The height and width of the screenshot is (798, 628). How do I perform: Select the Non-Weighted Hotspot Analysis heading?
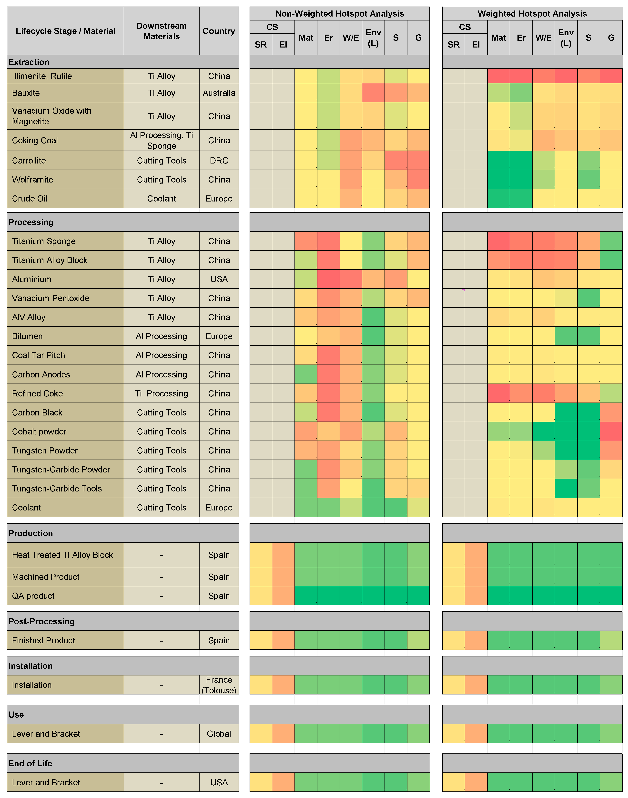click(x=339, y=14)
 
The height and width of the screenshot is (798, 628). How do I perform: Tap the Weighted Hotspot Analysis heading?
click(x=532, y=14)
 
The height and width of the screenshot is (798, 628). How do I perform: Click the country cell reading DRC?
click(x=219, y=161)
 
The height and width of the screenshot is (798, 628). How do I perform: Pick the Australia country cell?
click(x=219, y=93)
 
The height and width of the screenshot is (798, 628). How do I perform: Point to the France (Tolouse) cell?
click(x=219, y=685)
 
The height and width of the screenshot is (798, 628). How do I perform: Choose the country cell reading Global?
click(x=219, y=734)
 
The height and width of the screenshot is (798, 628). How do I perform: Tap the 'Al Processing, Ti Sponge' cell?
click(x=161, y=140)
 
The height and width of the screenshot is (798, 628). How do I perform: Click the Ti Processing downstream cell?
click(x=161, y=394)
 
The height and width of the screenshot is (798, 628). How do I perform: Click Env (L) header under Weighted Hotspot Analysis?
click(x=566, y=38)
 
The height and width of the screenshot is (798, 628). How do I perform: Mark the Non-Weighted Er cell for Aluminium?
click(x=328, y=279)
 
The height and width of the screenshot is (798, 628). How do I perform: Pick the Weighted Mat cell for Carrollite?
click(x=499, y=161)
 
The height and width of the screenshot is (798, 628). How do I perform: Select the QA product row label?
click(x=33, y=596)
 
